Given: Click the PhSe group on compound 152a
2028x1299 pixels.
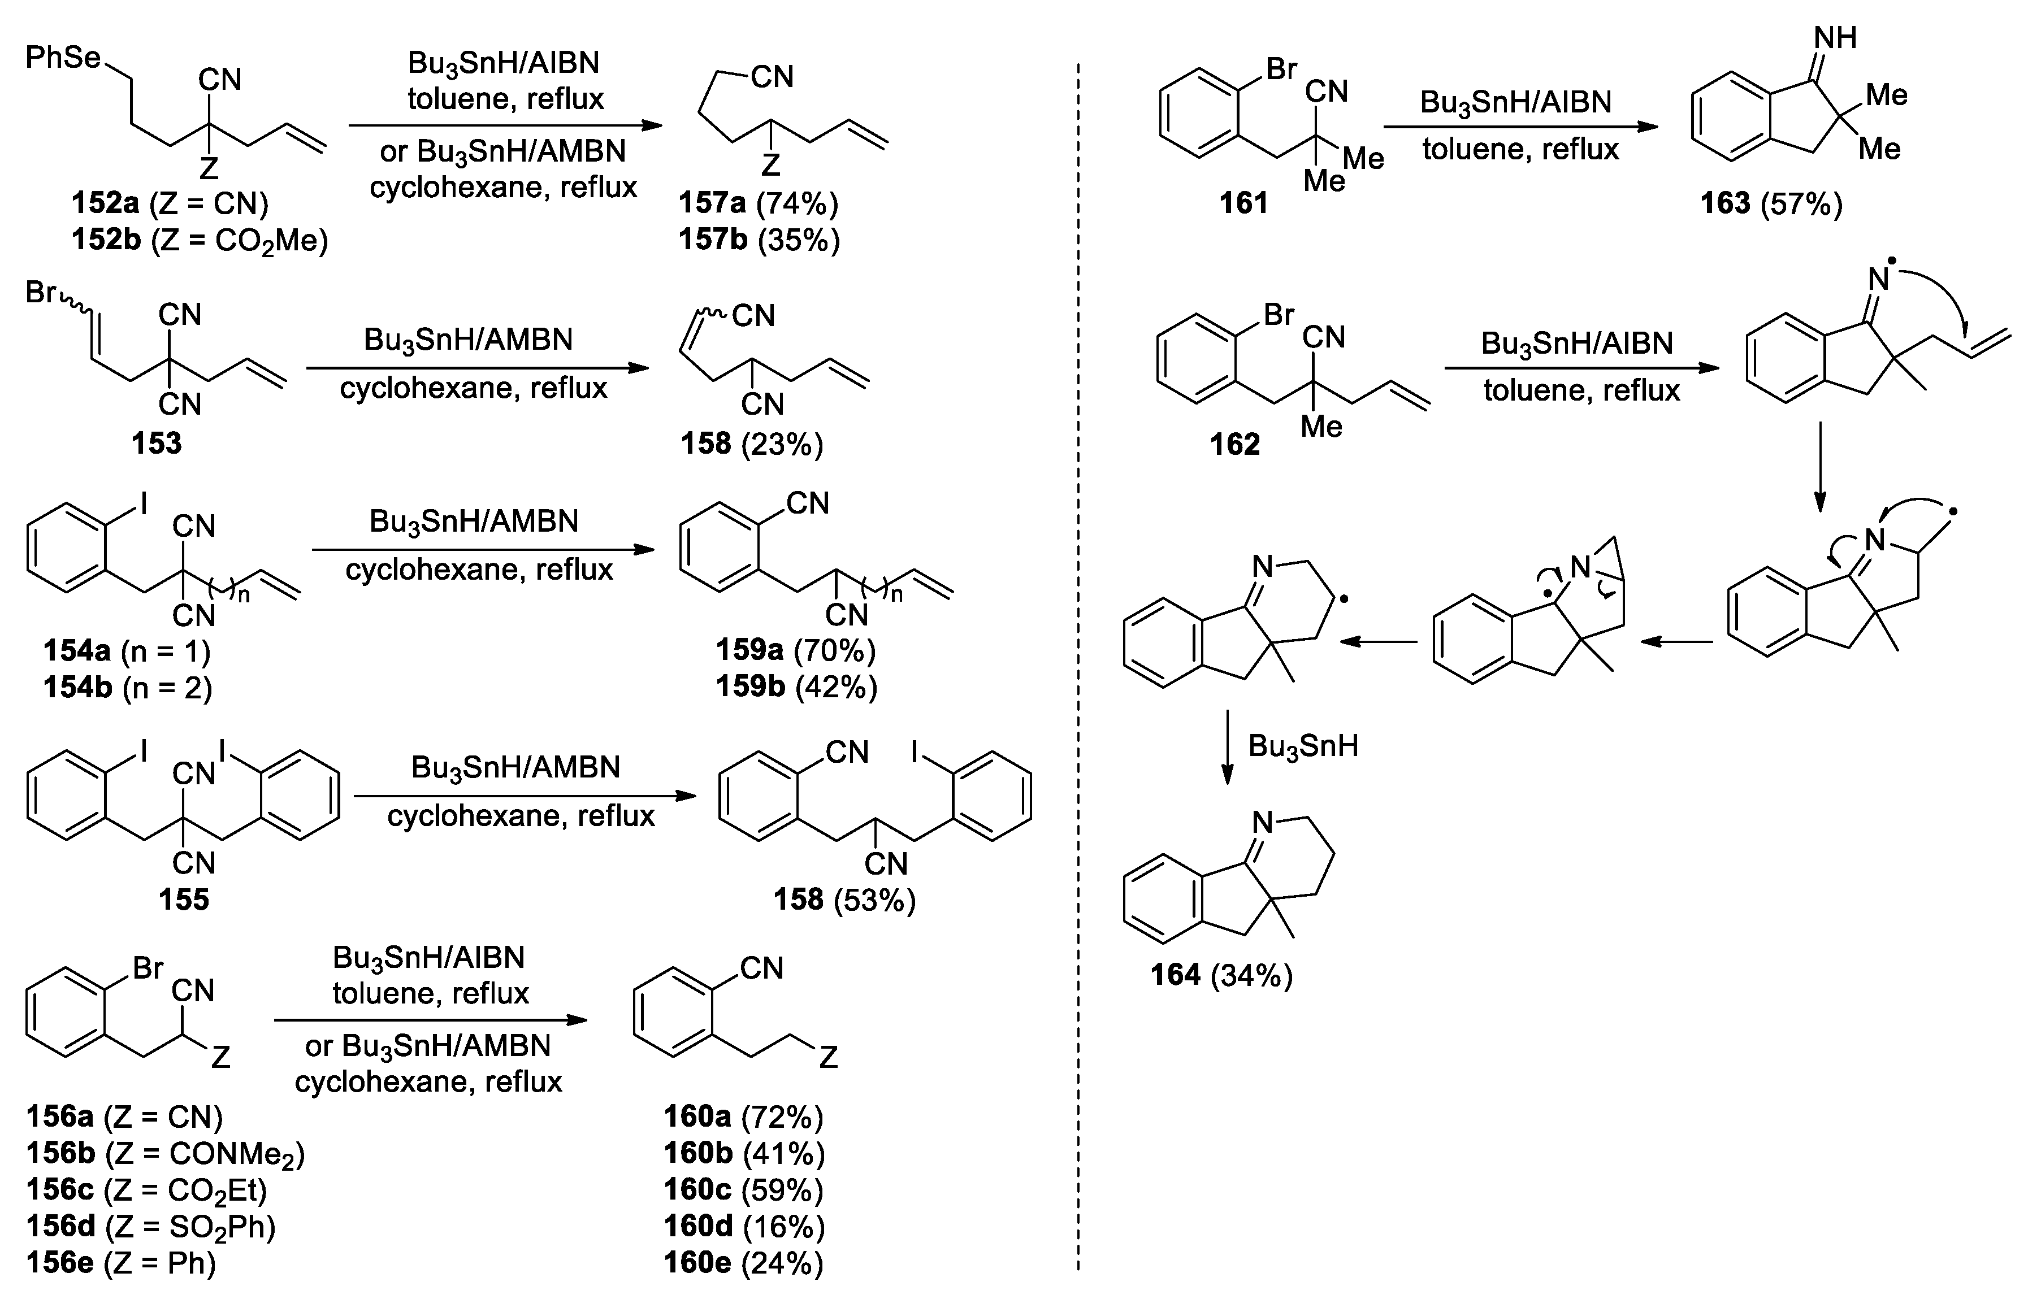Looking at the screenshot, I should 63,58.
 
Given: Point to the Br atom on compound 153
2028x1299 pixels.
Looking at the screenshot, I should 41,293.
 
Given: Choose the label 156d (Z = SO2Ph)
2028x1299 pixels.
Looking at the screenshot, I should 151,1226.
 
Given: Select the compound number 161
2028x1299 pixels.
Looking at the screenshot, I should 1243,203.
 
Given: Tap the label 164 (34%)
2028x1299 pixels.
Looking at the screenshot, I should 1221,975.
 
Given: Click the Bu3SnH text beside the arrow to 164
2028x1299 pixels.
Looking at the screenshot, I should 1302,746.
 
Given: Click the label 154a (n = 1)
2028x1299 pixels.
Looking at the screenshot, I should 127,650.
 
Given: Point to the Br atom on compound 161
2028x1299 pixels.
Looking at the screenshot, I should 1281,69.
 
